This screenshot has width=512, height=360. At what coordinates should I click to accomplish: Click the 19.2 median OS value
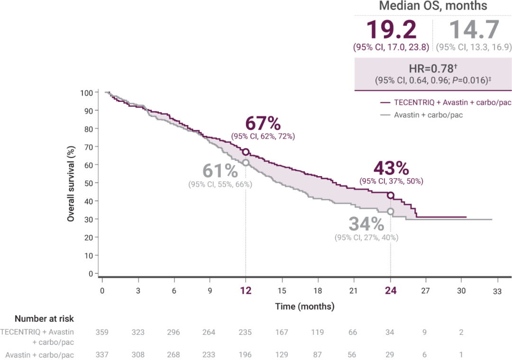click(391, 30)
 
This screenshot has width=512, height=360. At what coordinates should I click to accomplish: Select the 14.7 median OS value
click(473, 30)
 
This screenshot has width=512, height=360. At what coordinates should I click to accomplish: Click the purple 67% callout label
click(263, 124)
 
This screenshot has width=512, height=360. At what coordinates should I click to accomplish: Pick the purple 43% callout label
click(391, 168)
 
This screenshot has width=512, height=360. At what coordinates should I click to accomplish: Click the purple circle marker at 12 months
click(246, 152)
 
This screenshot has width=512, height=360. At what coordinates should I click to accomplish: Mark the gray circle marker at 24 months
click(390, 211)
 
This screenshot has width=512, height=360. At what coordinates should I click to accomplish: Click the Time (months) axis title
click(305, 306)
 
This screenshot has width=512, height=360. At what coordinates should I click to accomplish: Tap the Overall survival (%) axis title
click(71, 183)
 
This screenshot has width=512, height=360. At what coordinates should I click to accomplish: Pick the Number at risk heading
click(44, 319)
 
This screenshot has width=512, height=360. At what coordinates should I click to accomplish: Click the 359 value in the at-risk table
click(102, 332)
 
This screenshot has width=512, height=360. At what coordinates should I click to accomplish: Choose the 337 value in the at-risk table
click(102, 354)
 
